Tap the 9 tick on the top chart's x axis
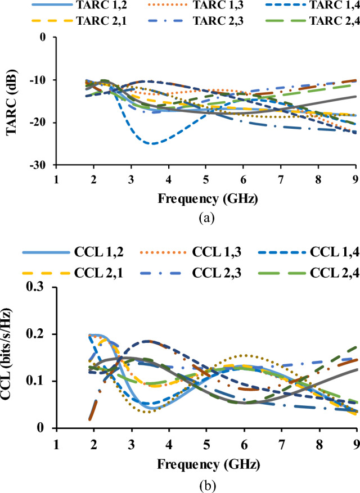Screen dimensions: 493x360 [355, 179]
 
